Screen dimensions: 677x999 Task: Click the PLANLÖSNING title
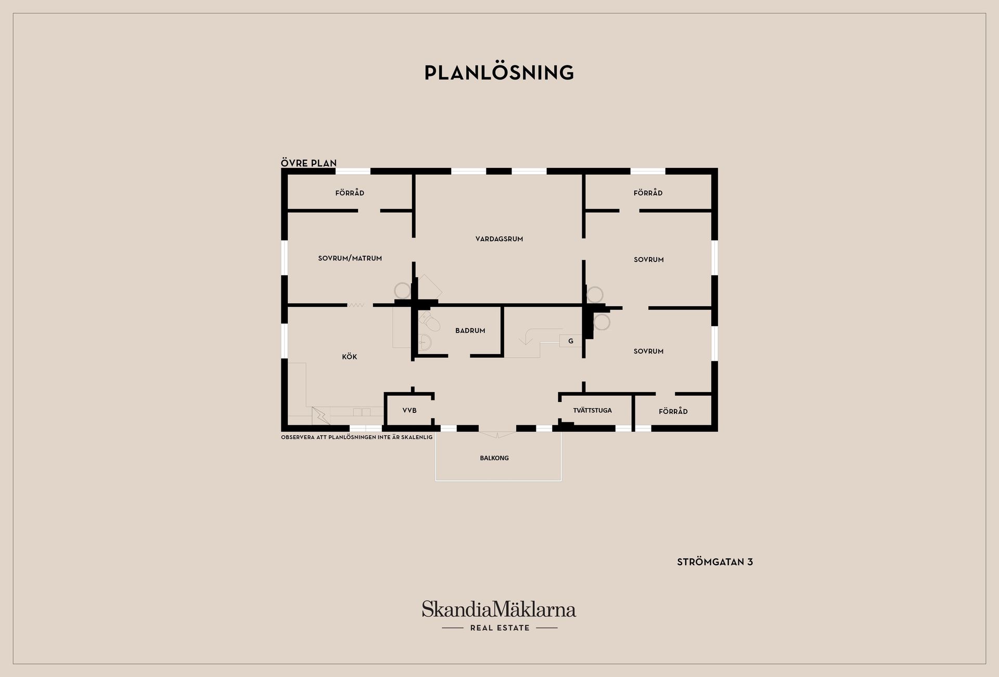click(x=499, y=73)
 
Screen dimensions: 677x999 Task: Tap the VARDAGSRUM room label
click(x=499, y=239)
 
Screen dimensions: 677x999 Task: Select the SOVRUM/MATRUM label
click(x=350, y=258)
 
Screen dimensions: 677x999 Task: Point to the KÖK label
click(x=350, y=357)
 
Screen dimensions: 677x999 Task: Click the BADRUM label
click(x=470, y=331)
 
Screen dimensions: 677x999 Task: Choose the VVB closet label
click(x=409, y=411)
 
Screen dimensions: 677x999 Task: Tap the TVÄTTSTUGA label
click(x=592, y=411)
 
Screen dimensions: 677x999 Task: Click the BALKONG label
click(x=494, y=458)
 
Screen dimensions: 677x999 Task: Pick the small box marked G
click(x=571, y=341)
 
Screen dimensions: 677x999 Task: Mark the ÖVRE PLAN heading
click(x=309, y=163)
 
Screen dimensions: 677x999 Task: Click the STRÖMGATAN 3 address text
click(x=715, y=562)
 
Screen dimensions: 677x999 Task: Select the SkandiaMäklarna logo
click(x=499, y=609)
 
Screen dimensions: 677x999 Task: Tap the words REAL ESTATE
click(x=499, y=628)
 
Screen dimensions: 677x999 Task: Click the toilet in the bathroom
click(x=431, y=321)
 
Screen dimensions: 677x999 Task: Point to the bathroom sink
click(x=424, y=342)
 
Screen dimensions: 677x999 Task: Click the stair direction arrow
click(x=527, y=339)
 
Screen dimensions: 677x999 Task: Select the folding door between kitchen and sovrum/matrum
click(x=356, y=305)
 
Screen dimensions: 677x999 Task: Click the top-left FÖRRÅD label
click(x=350, y=193)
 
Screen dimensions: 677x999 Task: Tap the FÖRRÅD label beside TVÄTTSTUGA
click(x=673, y=412)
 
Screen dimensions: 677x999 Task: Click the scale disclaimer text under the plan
click(x=356, y=437)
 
